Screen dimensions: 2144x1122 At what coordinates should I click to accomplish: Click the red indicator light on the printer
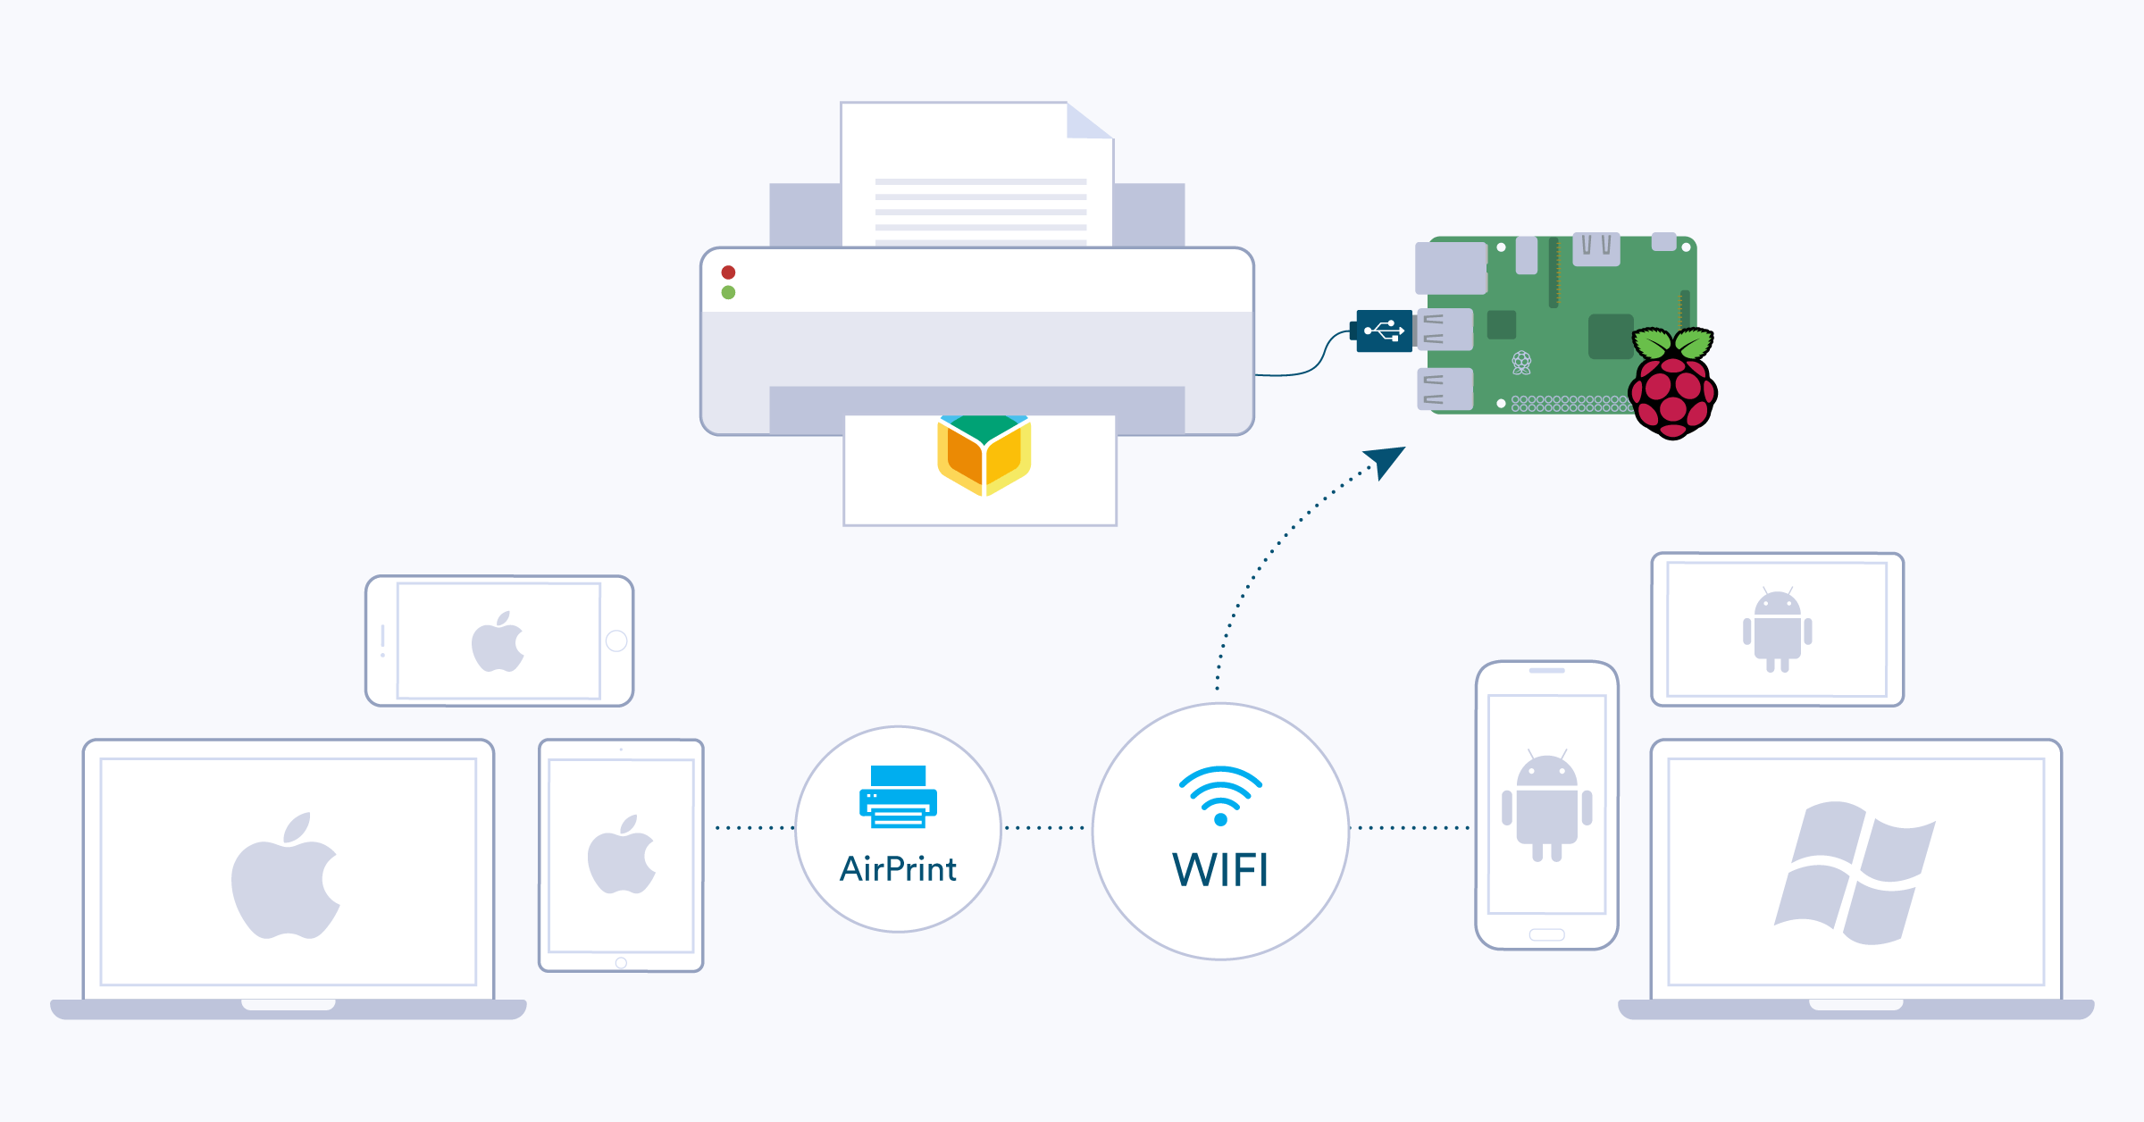coord(728,272)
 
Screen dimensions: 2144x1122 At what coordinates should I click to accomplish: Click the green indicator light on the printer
coord(728,292)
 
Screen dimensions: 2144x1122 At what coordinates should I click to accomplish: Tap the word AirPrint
coord(898,868)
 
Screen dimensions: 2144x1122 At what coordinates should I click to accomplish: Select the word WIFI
coord(1220,869)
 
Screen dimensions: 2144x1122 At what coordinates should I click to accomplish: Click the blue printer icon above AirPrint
coord(898,796)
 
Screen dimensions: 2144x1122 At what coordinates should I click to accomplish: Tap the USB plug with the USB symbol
coord(1382,331)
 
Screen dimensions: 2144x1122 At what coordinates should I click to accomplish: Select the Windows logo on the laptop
coord(1855,873)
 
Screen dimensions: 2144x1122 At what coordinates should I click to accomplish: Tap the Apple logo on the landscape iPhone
coord(498,641)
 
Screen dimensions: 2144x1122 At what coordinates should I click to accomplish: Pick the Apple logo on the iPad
coord(622,854)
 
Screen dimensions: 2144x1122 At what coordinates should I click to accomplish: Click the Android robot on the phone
coord(1547,806)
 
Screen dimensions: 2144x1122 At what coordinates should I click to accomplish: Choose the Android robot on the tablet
coord(1778,630)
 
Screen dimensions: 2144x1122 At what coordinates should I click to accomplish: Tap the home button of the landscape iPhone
coord(616,641)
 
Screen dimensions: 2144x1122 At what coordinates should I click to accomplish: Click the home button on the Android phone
coord(1546,934)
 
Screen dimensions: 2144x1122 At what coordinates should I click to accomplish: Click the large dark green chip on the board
coord(1611,336)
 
